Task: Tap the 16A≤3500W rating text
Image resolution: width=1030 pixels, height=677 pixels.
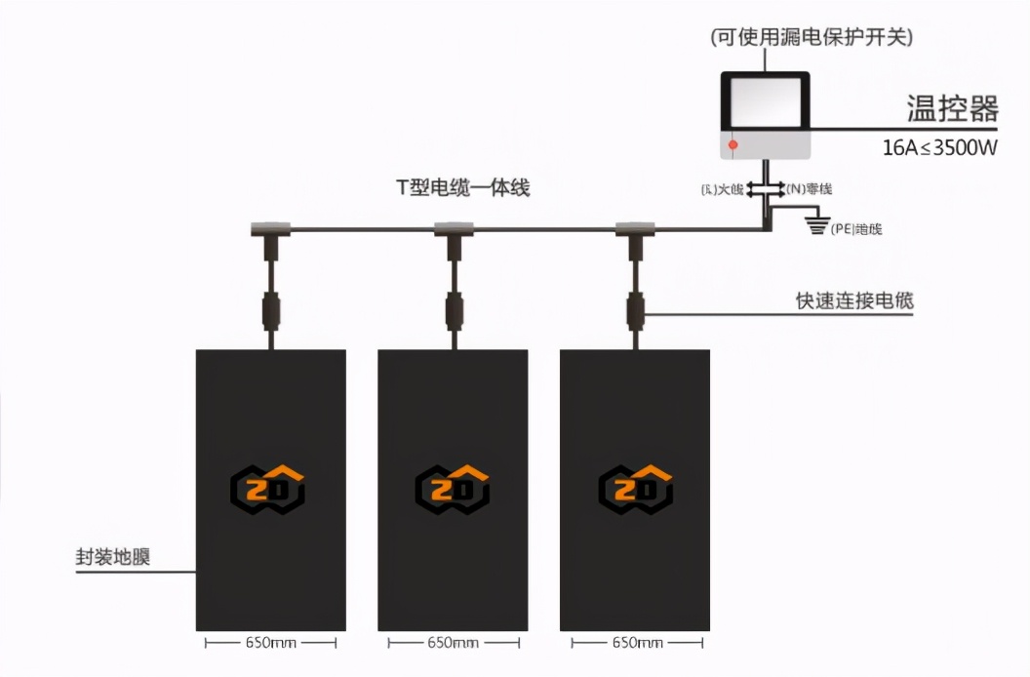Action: pyautogui.click(x=939, y=148)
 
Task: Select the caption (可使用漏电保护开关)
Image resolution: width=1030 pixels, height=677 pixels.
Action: pyautogui.click(x=812, y=37)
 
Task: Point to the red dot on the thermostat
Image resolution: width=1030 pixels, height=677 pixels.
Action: pyautogui.click(x=733, y=145)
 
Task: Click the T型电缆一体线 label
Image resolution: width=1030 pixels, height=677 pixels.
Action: pyautogui.click(x=463, y=188)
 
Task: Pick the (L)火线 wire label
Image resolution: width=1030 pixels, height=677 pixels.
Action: pyautogui.click(x=724, y=188)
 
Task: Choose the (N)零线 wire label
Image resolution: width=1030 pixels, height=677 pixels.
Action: pyautogui.click(x=809, y=187)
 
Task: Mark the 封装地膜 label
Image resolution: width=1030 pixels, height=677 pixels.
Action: pyautogui.click(x=113, y=558)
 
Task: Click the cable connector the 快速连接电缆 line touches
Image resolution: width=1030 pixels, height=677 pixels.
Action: pyautogui.click(x=636, y=312)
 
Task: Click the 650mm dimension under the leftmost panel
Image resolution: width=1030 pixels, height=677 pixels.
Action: pyautogui.click(x=270, y=643)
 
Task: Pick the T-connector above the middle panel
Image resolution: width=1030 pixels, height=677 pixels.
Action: pyautogui.click(x=454, y=231)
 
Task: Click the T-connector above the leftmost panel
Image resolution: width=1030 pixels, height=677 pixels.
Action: pyautogui.click(x=271, y=231)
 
